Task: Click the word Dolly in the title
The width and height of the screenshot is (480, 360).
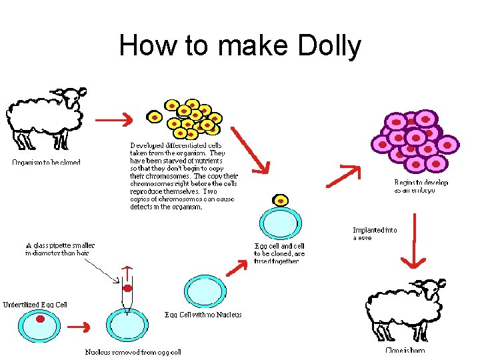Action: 323,46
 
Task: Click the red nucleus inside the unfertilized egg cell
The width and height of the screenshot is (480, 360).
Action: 40,319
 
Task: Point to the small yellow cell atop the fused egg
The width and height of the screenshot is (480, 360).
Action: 281,199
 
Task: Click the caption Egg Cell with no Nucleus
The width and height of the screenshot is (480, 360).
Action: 203,315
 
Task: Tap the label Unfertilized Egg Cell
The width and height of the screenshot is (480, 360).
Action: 35,305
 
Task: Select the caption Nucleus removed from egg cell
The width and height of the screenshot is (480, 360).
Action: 133,352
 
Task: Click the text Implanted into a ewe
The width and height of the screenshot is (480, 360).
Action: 374,234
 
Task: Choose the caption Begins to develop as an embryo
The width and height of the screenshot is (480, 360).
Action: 421,186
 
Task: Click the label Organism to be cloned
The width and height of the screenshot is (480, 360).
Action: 46,162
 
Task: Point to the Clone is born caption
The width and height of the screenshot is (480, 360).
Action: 405,350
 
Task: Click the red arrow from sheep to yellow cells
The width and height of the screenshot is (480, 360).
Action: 112,121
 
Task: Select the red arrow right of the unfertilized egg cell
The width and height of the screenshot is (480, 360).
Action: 81,327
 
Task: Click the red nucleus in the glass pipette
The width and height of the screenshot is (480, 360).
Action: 127,289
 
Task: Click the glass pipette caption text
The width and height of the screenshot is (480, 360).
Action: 60,249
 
